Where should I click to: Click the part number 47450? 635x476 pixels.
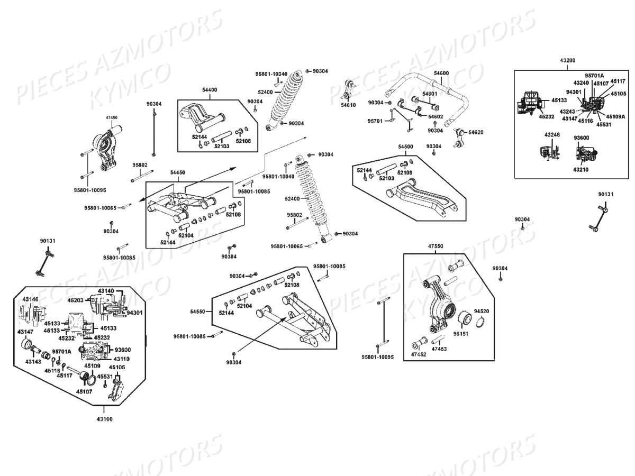click(x=111, y=117)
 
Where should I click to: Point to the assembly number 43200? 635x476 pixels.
click(x=567, y=61)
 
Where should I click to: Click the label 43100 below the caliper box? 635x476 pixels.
click(x=104, y=419)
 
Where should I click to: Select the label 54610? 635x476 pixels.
click(x=348, y=105)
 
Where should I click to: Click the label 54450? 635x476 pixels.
click(x=178, y=172)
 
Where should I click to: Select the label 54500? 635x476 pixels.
click(x=405, y=146)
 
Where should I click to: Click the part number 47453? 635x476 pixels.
click(x=439, y=349)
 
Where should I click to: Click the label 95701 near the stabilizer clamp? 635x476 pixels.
click(x=375, y=121)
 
